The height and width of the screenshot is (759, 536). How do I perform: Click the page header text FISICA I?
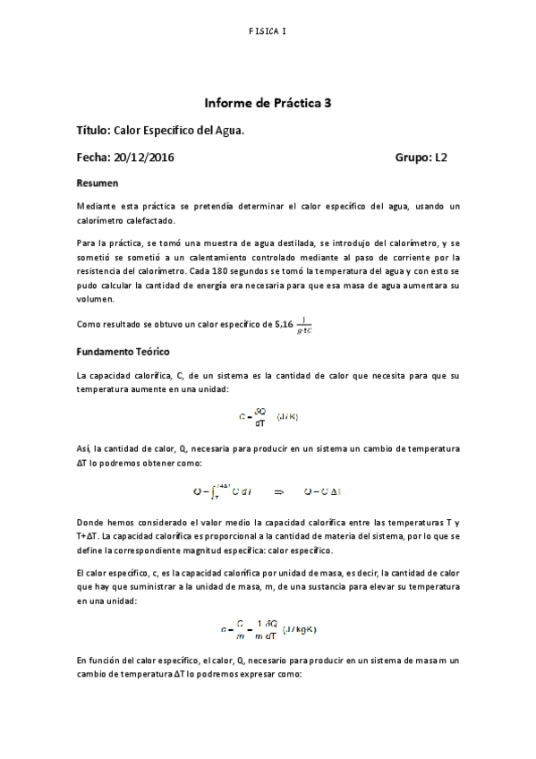(x=268, y=31)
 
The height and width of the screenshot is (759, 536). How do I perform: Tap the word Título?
(x=93, y=131)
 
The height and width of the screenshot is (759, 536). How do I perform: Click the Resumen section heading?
(x=98, y=183)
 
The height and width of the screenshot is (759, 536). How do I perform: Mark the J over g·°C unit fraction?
(x=307, y=325)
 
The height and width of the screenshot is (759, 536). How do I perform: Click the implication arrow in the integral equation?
(x=278, y=491)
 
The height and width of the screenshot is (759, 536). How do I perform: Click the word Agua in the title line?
(x=228, y=131)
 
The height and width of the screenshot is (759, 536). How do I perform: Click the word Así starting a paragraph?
(x=84, y=446)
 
